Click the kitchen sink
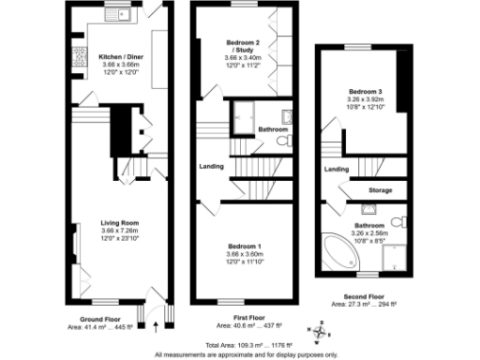[x=118, y=15]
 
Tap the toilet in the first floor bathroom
[x=284, y=143]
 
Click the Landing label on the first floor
[x=211, y=167]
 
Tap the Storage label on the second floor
[x=381, y=189]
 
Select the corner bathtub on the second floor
[x=336, y=249]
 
